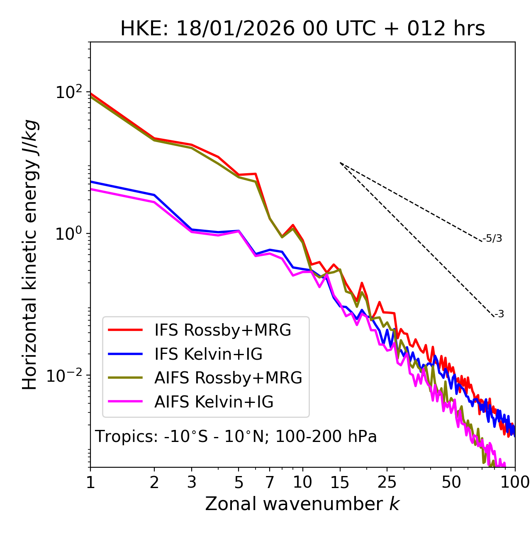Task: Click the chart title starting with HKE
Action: point(302,29)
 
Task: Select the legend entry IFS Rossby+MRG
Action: point(222,330)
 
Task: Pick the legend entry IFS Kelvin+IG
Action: point(208,354)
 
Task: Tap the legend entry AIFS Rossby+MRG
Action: point(228,378)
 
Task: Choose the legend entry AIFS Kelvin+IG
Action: point(214,402)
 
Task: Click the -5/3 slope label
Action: point(492,238)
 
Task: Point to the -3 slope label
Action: point(499,314)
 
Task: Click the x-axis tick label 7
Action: point(270,482)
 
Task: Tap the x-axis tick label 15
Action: point(340,482)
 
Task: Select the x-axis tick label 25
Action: point(387,482)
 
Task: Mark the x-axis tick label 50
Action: point(451,482)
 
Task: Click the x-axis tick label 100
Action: point(515,482)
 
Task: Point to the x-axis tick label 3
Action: point(192,482)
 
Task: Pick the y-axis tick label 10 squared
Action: point(68,92)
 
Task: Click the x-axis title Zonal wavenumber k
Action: point(302,504)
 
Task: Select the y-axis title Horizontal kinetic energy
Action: point(30,255)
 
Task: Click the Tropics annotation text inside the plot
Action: point(236,437)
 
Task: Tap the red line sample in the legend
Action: point(125,330)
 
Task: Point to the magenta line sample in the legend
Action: point(125,402)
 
